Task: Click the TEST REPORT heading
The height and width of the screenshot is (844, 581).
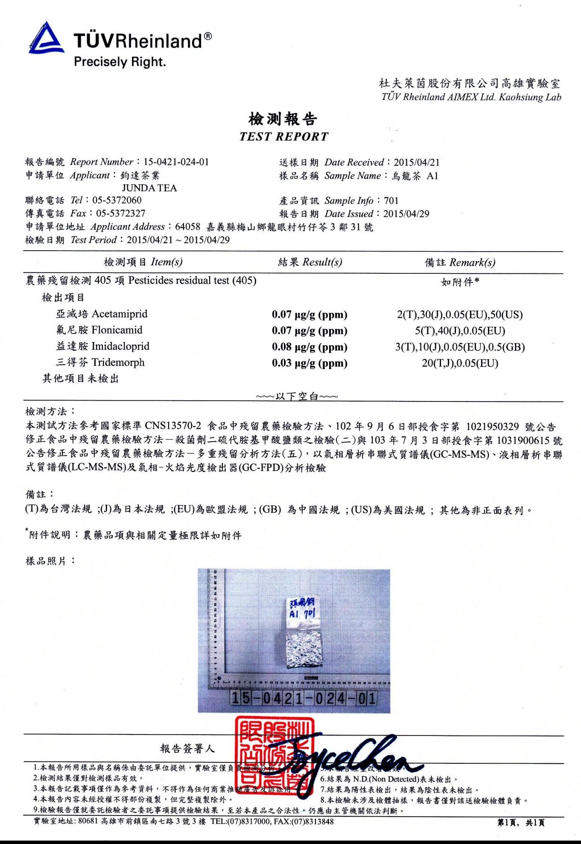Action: tap(284, 137)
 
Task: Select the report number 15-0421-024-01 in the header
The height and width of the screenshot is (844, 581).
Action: tap(176, 162)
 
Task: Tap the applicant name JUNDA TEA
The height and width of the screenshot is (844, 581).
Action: tap(149, 188)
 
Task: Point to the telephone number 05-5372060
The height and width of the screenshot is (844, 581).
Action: tap(117, 200)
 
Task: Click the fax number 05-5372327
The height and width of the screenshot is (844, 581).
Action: tap(120, 213)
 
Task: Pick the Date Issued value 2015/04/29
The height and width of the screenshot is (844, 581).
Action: tap(406, 214)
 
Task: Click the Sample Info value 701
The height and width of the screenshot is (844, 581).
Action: tap(391, 201)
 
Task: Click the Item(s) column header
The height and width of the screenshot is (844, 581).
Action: tap(143, 262)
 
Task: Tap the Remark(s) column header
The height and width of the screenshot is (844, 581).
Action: tap(460, 262)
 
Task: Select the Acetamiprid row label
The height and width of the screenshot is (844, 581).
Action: tap(102, 314)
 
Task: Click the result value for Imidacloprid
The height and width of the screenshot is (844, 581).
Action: tap(309, 347)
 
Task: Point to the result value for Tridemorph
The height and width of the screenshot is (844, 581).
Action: tap(309, 363)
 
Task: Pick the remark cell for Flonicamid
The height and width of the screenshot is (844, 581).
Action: tap(460, 331)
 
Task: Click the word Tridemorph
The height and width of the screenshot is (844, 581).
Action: tap(118, 363)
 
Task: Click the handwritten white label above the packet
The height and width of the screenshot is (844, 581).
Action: tap(303, 609)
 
